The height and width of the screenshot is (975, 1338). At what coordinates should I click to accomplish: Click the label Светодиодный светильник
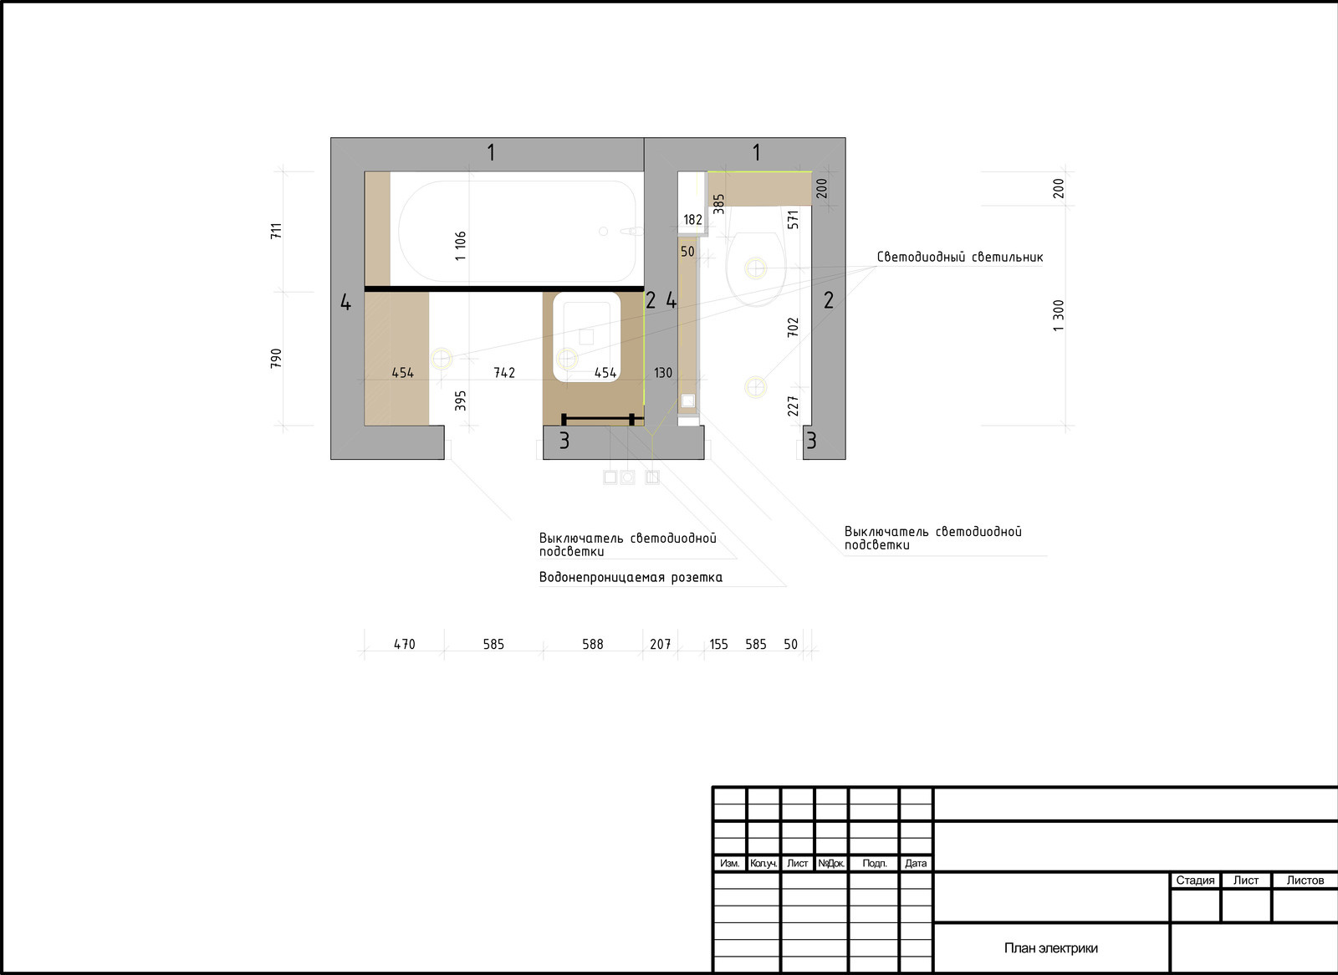(x=960, y=258)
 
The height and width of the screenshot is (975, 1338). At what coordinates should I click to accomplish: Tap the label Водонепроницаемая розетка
(x=631, y=578)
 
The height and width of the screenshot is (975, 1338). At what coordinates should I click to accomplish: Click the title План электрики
(x=1050, y=948)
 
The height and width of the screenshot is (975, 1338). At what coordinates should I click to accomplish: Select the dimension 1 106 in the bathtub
(x=460, y=246)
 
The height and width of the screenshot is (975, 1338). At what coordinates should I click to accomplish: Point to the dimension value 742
(x=504, y=373)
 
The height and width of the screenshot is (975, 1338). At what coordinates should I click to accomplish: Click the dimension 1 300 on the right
(x=1058, y=315)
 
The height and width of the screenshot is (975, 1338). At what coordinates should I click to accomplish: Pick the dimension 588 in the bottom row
(x=593, y=644)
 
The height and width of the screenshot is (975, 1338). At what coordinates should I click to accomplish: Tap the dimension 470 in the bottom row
(x=405, y=644)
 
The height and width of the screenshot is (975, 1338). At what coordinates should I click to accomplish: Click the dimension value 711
(x=276, y=231)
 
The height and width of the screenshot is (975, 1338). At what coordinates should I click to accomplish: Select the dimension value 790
(x=276, y=359)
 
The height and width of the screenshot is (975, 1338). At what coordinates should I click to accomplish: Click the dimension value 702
(x=793, y=328)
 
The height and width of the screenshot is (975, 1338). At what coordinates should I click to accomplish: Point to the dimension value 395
(x=460, y=401)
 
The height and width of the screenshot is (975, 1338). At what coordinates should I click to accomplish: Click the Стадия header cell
(x=1195, y=880)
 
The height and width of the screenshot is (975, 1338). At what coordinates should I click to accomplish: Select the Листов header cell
(x=1305, y=880)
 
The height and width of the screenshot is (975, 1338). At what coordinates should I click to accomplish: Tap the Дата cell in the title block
(x=915, y=863)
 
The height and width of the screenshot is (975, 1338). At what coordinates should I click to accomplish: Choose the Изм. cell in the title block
(x=729, y=863)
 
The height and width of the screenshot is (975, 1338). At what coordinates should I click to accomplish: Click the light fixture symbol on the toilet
(x=756, y=268)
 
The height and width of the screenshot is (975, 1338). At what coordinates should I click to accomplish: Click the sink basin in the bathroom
(x=586, y=336)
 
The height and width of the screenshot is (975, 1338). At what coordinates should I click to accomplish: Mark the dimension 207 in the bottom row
(x=660, y=644)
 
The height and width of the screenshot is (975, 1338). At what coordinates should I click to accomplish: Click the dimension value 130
(x=663, y=373)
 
